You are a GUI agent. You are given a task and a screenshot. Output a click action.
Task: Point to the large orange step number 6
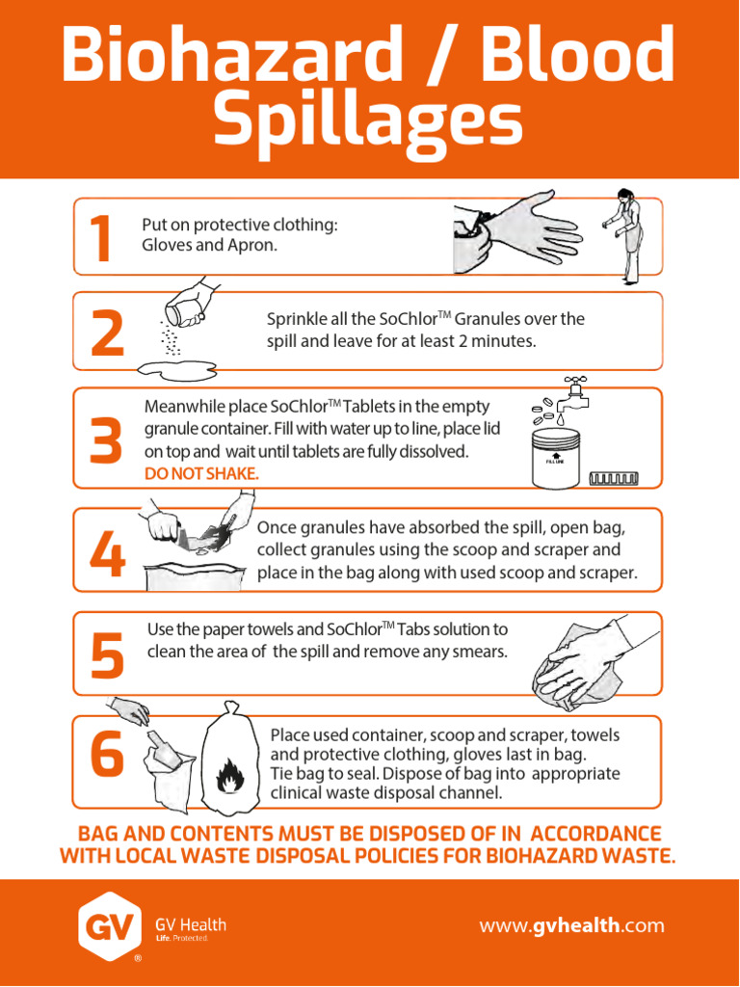point(108,752)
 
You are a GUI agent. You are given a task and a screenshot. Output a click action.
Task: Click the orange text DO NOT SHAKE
point(201,474)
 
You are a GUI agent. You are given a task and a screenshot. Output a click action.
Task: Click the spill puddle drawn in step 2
point(178,371)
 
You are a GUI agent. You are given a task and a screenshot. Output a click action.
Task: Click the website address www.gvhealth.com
point(571,925)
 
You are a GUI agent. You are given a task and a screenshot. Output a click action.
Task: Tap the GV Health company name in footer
point(191,924)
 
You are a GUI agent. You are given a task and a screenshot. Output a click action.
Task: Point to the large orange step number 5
point(108,654)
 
